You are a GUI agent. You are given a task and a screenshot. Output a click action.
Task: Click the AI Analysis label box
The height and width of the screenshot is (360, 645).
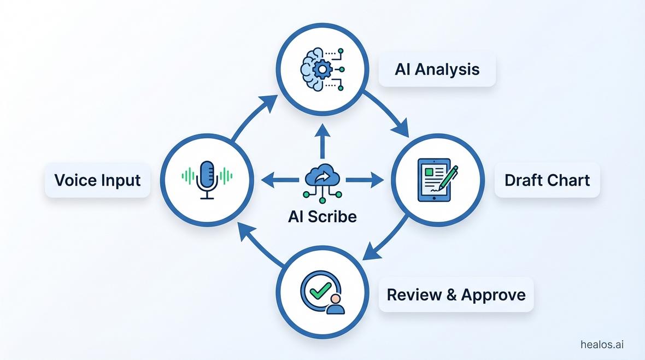[x=437, y=69]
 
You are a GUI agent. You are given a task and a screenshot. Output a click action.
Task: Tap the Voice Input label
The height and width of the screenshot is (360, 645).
[x=97, y=180]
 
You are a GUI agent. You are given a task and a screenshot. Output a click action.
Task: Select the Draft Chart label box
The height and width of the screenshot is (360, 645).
[x=547, y=180]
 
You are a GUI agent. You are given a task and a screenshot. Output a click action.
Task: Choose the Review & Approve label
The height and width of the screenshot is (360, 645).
[x=456, y=294]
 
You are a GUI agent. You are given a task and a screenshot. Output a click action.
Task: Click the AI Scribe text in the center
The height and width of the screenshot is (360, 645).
[x=322, y=216]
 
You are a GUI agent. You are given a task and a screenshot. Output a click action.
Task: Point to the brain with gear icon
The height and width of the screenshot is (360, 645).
[x=315, y=69]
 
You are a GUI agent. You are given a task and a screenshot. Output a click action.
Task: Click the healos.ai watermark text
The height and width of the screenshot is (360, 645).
[x=602, y=345]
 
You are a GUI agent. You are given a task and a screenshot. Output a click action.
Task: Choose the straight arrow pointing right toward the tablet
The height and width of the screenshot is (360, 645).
[x=364, y=179]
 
